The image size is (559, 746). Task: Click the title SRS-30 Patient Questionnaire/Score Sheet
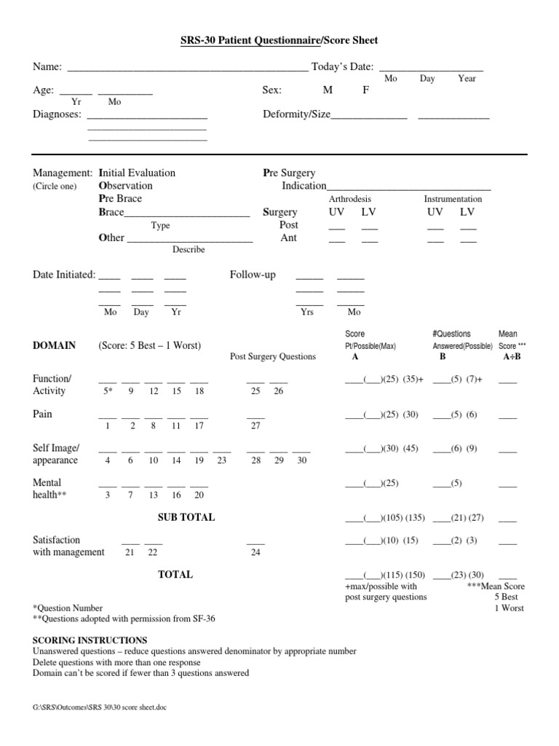[279, 40]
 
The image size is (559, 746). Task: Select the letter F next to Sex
[366, 91]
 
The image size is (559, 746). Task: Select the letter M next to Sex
[328, 91]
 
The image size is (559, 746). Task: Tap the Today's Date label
[342, 67]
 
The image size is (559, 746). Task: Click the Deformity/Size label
[296, 114]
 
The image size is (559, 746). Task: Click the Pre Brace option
[120, 199]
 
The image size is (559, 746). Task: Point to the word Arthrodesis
[350, 199]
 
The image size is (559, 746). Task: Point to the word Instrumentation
[453, 199]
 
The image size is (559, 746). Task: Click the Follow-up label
[253, 275]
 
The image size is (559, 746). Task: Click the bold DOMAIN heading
[54, 345]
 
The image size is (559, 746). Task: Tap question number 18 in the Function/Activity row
[199, 391]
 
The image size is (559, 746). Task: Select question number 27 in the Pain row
[255, 426]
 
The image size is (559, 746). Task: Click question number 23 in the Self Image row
[222, 461]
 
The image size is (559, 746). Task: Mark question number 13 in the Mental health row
[154, 495]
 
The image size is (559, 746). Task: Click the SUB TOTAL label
[186, 517]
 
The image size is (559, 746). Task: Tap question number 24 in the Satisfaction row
[255, 553]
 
